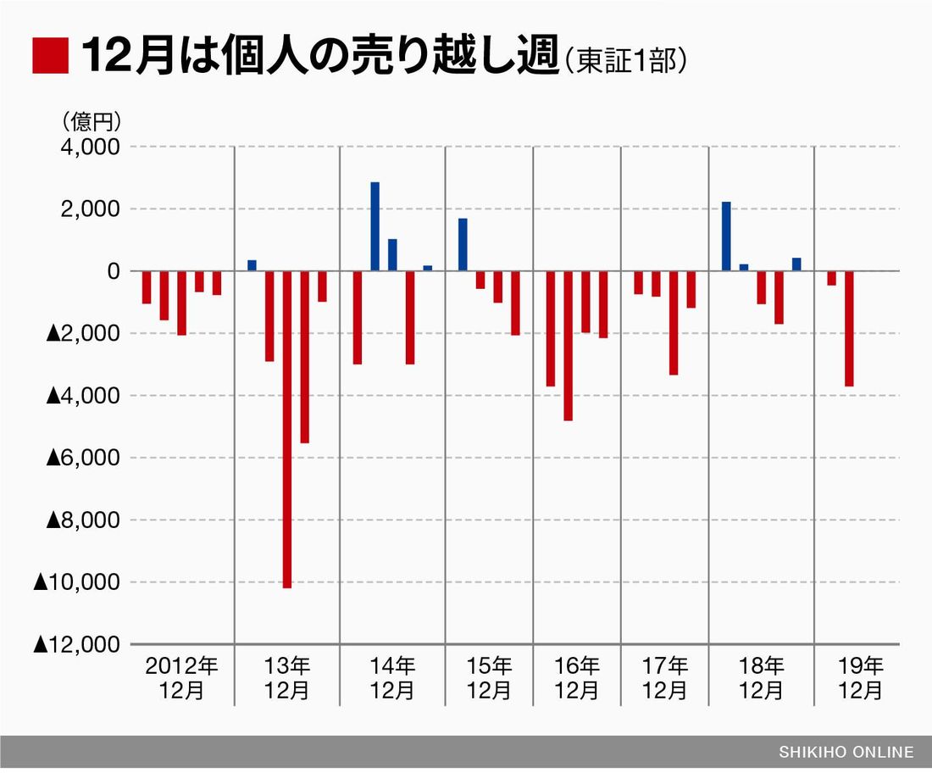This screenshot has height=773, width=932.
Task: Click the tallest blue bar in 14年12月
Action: click(x=374, y=226)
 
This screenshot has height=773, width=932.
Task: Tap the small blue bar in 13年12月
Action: click(x=252, y=265)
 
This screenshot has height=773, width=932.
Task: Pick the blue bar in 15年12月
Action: click(x=463, y=245)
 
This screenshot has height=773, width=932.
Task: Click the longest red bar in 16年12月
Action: click(x=569, y=346)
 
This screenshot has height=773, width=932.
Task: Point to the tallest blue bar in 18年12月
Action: click(x=726, y=236)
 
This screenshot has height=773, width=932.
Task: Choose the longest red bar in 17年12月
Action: click(x=674, y=323)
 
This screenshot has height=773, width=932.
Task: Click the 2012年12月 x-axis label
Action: click(x=182, y=677)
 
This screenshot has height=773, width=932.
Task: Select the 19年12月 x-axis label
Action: click(x=861, y=677)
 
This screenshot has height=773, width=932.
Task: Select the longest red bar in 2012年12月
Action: click(x=181, y=303)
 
